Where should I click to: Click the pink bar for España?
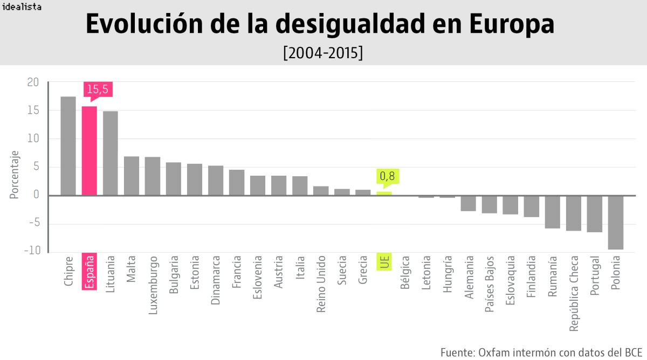click(89, 150)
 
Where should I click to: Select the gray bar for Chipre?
click(68, 146)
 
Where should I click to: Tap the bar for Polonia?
click(616, 222)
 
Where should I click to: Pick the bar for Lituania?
click(110, 153)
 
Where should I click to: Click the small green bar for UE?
click(384, 193)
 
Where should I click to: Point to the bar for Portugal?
click(595, 213)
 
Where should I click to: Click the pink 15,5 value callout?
click(98, 89)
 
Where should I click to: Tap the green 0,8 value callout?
click(387, 176)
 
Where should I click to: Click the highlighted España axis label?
click(90, 271)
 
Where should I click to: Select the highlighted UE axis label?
click(384, 261)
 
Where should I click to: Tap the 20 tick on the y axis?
click(33, 82)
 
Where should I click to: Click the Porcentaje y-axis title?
click(15, 175)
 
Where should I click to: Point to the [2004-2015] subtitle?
click(322, 53)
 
